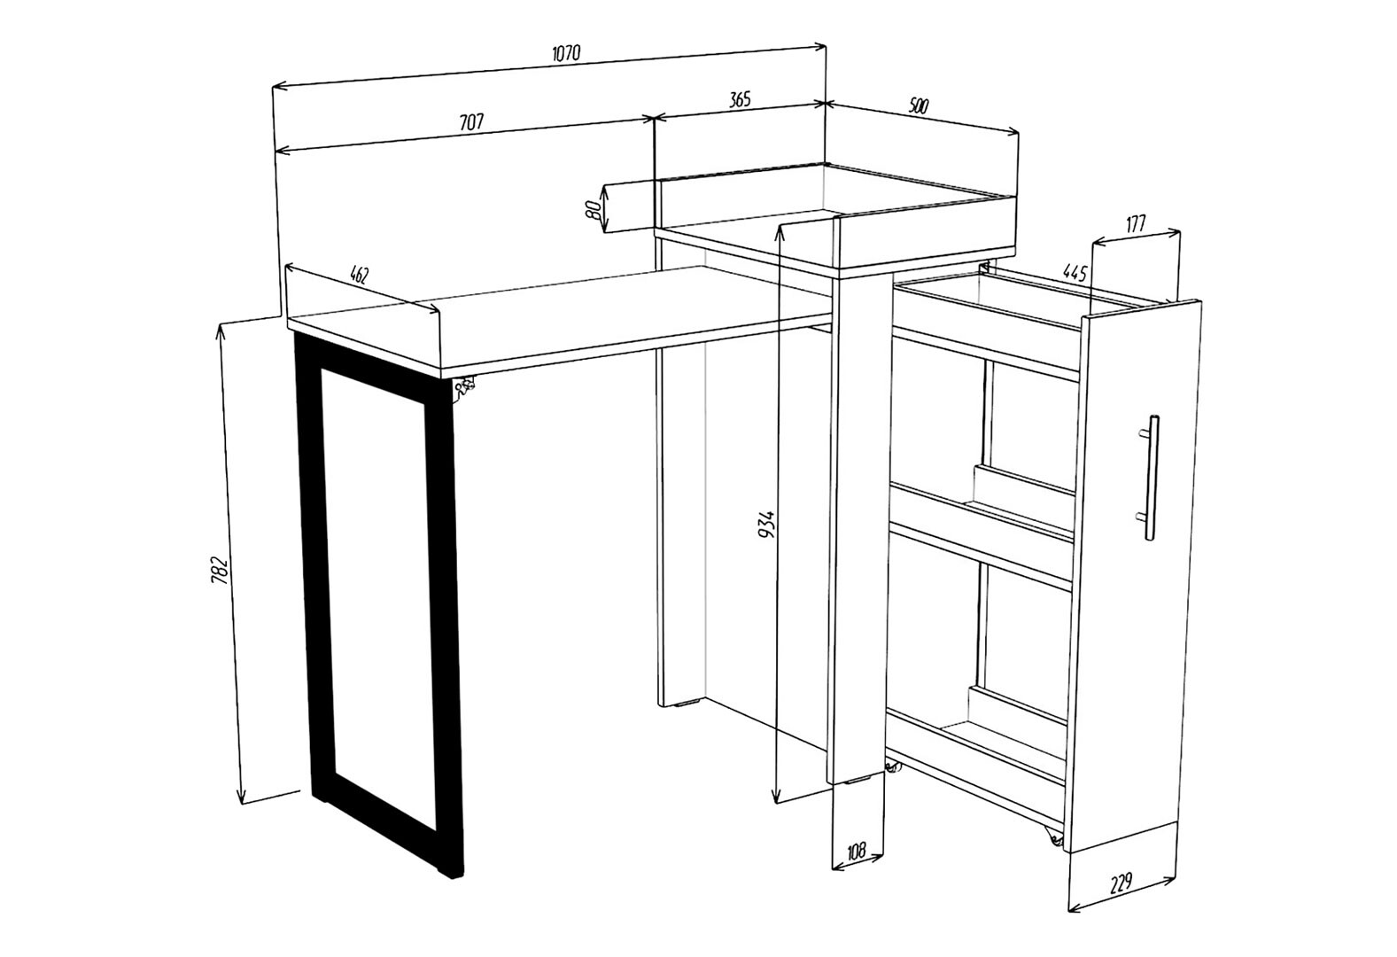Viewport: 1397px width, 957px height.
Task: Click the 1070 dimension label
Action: [x=566, y=54]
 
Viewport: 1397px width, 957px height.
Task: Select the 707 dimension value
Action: [x=471, y=122]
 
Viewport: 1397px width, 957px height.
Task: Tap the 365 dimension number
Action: [x=739, y=99]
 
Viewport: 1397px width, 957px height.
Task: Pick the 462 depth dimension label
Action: [x=360, y=274]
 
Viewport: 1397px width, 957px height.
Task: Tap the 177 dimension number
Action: [x=1136, y=224]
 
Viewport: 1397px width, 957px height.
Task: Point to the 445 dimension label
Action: [x=1075, y=273]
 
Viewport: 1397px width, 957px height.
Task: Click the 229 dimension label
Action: [x=1121, y=882]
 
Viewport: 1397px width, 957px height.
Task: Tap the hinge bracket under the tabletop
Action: [x=464, y=388]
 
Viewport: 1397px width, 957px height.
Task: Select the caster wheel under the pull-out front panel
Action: [x=1054, y=839]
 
